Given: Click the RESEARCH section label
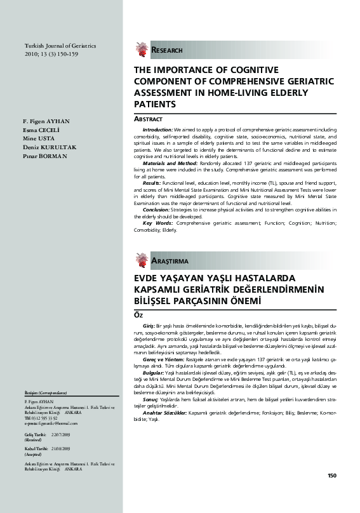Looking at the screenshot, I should coord(166,50).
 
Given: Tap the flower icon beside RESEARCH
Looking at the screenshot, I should coord(141,49).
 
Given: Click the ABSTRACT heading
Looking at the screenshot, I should coord(149,119).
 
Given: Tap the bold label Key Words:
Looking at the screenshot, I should coord(156,223).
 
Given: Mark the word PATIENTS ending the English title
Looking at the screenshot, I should coord(154,103).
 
